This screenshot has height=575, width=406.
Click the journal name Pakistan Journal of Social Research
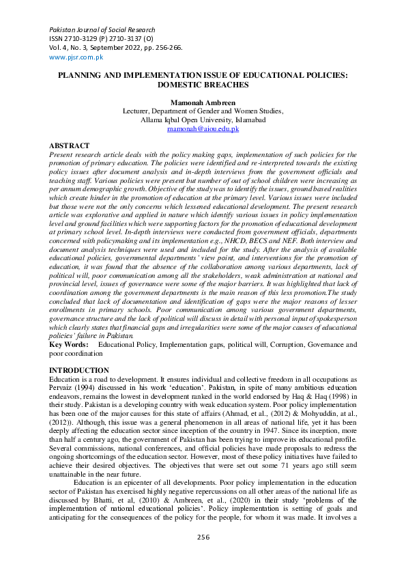coord(102,29)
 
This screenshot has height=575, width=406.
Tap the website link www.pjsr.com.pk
coord(75,57)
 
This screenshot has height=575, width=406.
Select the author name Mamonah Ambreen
coord(203,102)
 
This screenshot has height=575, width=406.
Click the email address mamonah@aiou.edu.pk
coord(203,128)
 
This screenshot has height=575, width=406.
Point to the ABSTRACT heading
coord(69,146)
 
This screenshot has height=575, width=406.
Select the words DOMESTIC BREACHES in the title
coord(203,85)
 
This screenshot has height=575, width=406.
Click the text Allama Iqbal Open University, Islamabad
coord(203,120)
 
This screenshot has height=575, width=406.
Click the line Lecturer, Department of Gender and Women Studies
coord(203,111)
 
